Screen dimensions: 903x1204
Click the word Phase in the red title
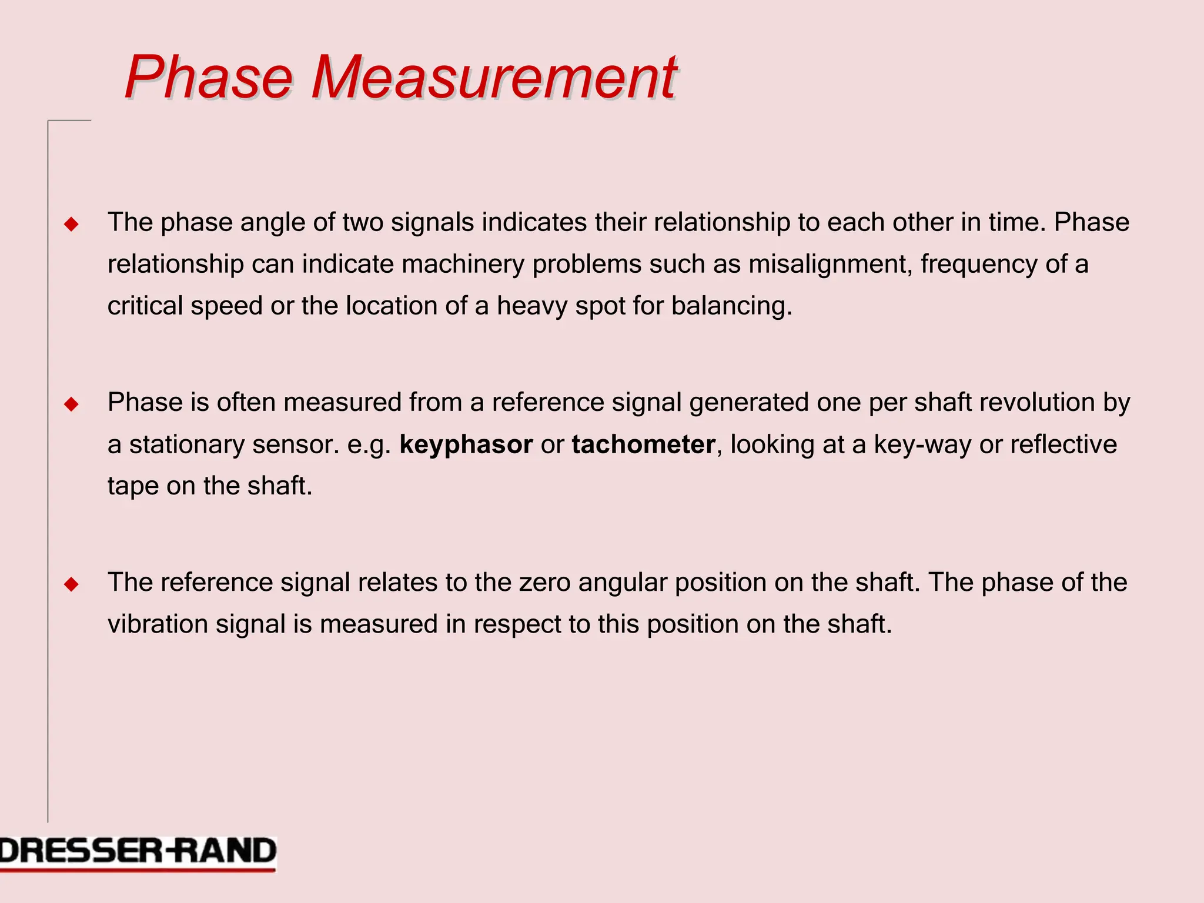[x=208, y=77]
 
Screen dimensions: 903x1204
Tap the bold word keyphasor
[x=466, y=444]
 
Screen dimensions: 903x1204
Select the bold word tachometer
[x=643, y=444]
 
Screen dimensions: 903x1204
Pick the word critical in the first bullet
[x=145, y=306]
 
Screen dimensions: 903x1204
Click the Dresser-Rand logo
[x=138, y=852]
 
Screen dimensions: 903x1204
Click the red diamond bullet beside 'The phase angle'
[x=72, y=224]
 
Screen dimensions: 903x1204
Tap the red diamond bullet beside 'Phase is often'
[x=72, y=404]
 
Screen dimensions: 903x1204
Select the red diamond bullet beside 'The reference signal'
[x=72, y=584]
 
